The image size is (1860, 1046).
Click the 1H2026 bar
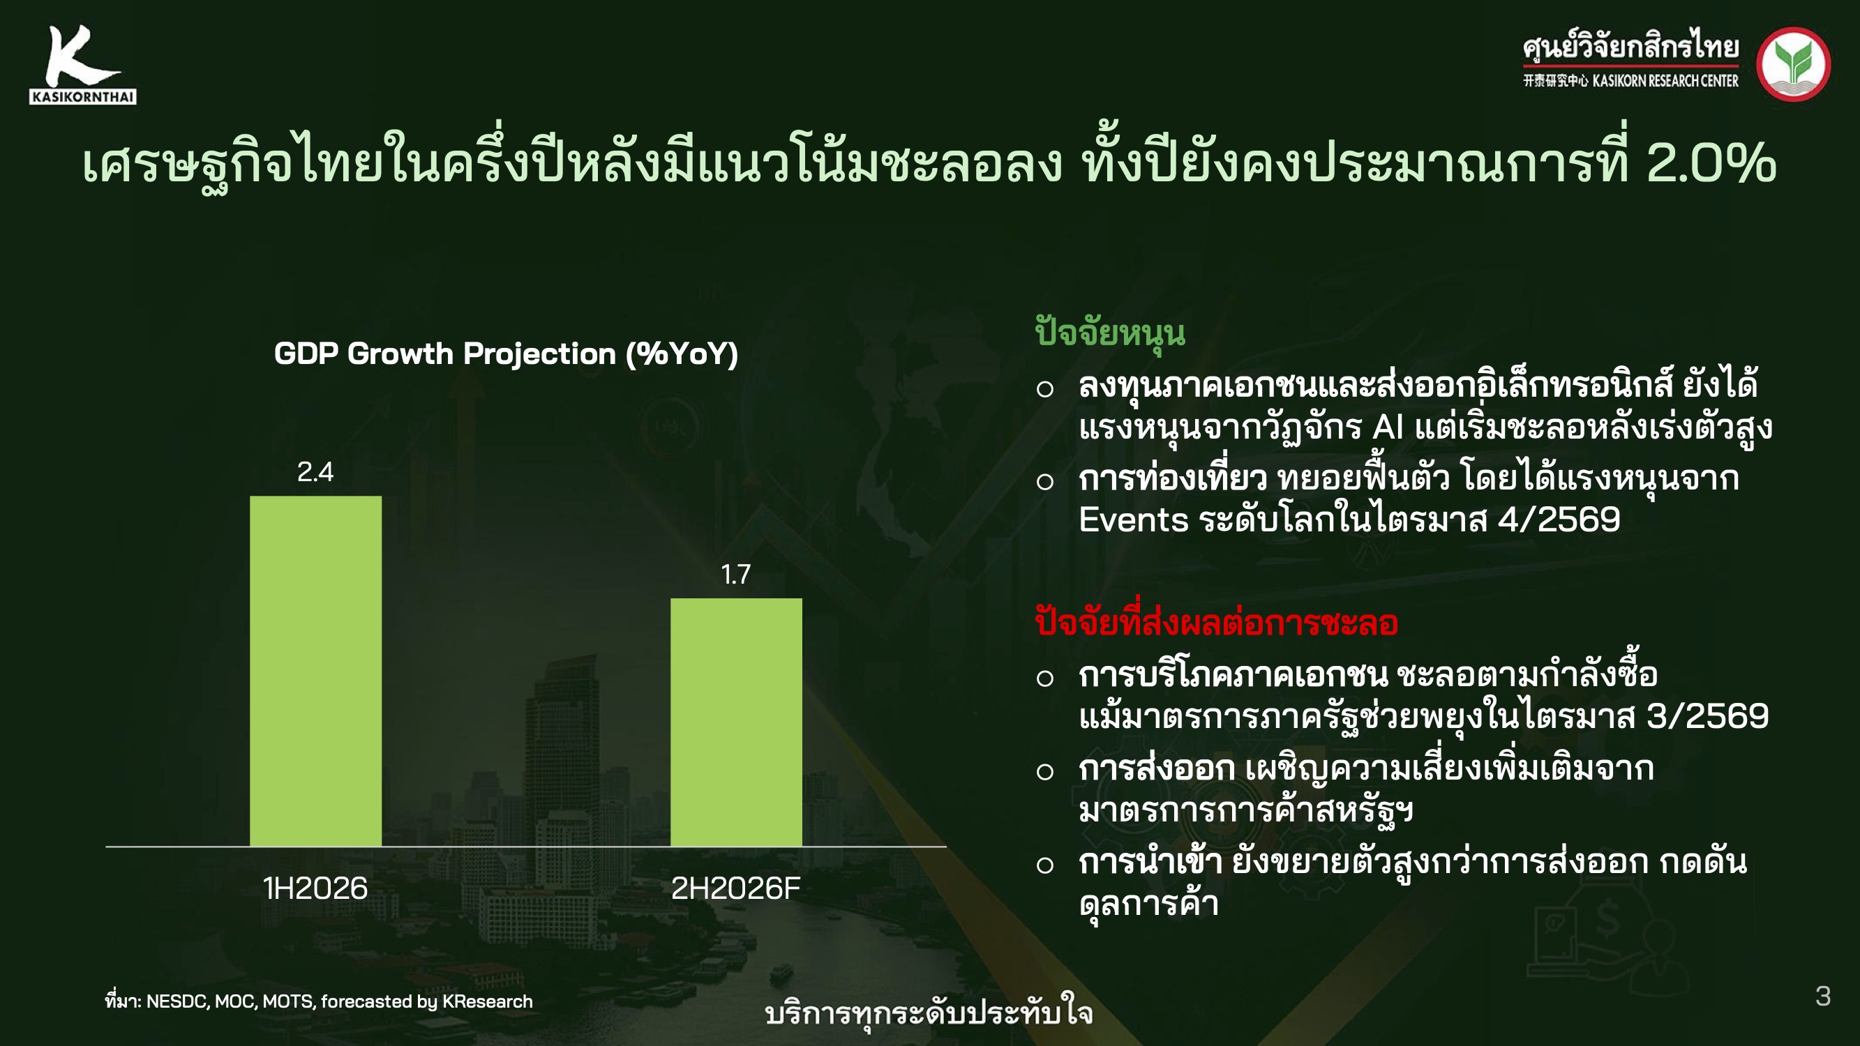pos(315,671)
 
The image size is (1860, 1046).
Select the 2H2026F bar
pos(736,722)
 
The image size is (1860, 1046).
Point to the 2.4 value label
pos(315,472)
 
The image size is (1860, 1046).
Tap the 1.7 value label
pos(736,575)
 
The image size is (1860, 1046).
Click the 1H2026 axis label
pos(315,888)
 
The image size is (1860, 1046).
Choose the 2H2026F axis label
pos(736,888)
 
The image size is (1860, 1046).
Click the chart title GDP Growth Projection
pos(506,354)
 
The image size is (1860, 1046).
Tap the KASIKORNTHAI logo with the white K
pos(83,65)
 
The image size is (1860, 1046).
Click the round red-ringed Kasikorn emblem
pos(1794,64)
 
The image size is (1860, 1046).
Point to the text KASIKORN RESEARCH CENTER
pos(1666,81)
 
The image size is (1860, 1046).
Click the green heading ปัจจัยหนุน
pos(1110,333)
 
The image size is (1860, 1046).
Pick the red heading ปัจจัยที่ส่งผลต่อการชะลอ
pos(1217,622)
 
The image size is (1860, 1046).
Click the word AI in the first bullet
pos(1388,427)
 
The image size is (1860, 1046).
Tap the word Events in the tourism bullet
pos(1134,520)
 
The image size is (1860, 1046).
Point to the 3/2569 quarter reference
pos(1709,716)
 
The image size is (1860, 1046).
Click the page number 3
pos(1823,996)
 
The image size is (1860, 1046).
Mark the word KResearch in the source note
pos(488,1001)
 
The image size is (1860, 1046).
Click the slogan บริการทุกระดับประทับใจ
pos(929,1013)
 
